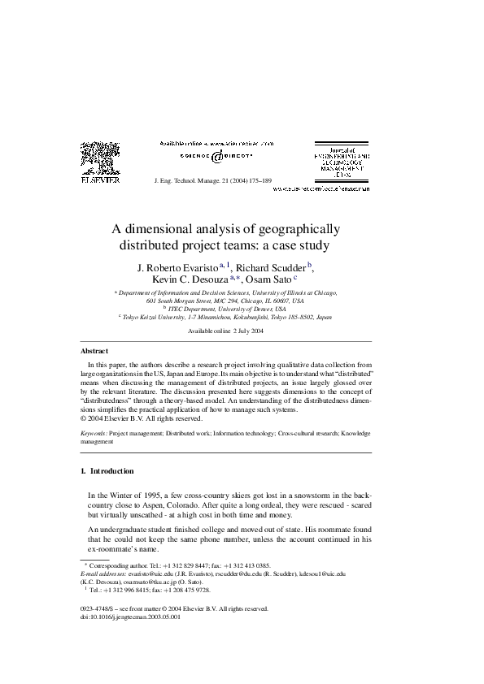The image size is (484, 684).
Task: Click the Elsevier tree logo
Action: pyautogui.click(x=99, y=157)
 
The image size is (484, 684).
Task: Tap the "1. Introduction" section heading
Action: pyautogui.click(x=107, y=471)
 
